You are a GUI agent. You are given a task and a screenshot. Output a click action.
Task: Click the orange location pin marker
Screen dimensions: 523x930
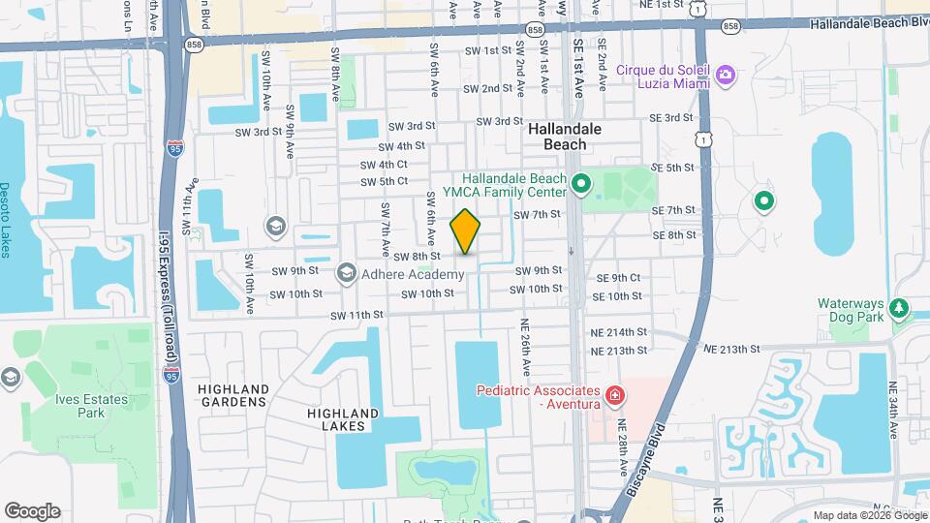click(x=466, y=231)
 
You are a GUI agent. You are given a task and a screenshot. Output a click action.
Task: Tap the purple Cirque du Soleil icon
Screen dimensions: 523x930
click(x=726, y=74)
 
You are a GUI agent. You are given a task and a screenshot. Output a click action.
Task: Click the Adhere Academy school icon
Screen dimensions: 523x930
click(x=346, y=274)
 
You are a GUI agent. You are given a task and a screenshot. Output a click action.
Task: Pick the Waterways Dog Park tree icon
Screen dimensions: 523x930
click(x=901, y=309)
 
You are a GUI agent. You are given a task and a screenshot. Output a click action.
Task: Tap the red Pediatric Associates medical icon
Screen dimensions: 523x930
click(x=613, y=395)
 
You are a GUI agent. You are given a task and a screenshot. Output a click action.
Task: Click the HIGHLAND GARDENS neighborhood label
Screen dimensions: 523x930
click(x=232, y=394)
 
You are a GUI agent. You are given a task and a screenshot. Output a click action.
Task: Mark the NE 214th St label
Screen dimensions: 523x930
click(x=618, y=332)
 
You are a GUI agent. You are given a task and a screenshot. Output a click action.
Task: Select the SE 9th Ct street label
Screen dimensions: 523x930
click(x=626, y=277)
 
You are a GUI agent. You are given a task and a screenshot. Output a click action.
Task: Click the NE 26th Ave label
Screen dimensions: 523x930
click(x=524, y=348)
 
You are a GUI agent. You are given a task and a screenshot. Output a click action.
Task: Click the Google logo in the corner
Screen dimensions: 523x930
click(x=32, y=511)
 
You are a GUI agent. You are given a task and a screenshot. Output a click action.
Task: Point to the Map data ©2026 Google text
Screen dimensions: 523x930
click(x=868, y=515)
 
